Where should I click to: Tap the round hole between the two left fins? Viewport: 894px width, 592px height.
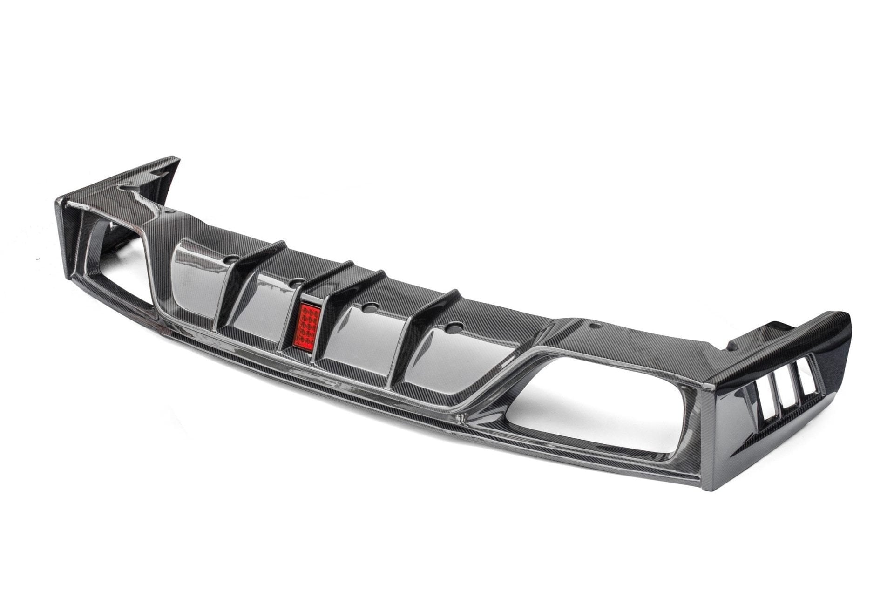pos(295,283)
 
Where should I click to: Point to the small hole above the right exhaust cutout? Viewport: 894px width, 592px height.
pos(595,325)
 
